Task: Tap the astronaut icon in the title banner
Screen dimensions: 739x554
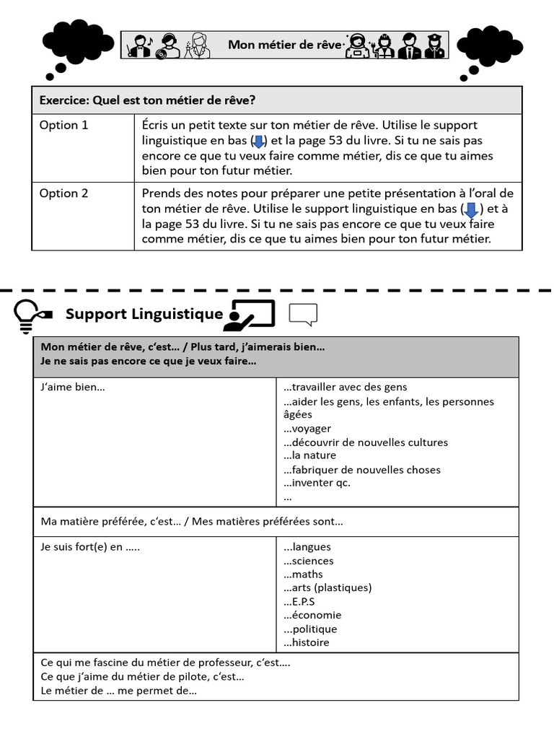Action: coord(357,45)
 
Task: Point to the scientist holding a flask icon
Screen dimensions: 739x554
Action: coord(198,45)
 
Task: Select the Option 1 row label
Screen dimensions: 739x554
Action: coord(63,125)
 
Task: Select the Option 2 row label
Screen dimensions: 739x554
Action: coord(63,193)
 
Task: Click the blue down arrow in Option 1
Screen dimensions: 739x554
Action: coord(258,141)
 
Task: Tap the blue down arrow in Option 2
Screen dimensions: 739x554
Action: coord(470,209)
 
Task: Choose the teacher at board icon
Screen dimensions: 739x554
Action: coord(250,315)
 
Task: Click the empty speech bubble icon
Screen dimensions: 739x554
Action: coord(303,314)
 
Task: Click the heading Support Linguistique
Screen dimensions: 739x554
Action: coord(144,314)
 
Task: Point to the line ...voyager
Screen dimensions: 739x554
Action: coord(307,429)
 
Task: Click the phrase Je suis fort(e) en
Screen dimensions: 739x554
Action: coord(90,547)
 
